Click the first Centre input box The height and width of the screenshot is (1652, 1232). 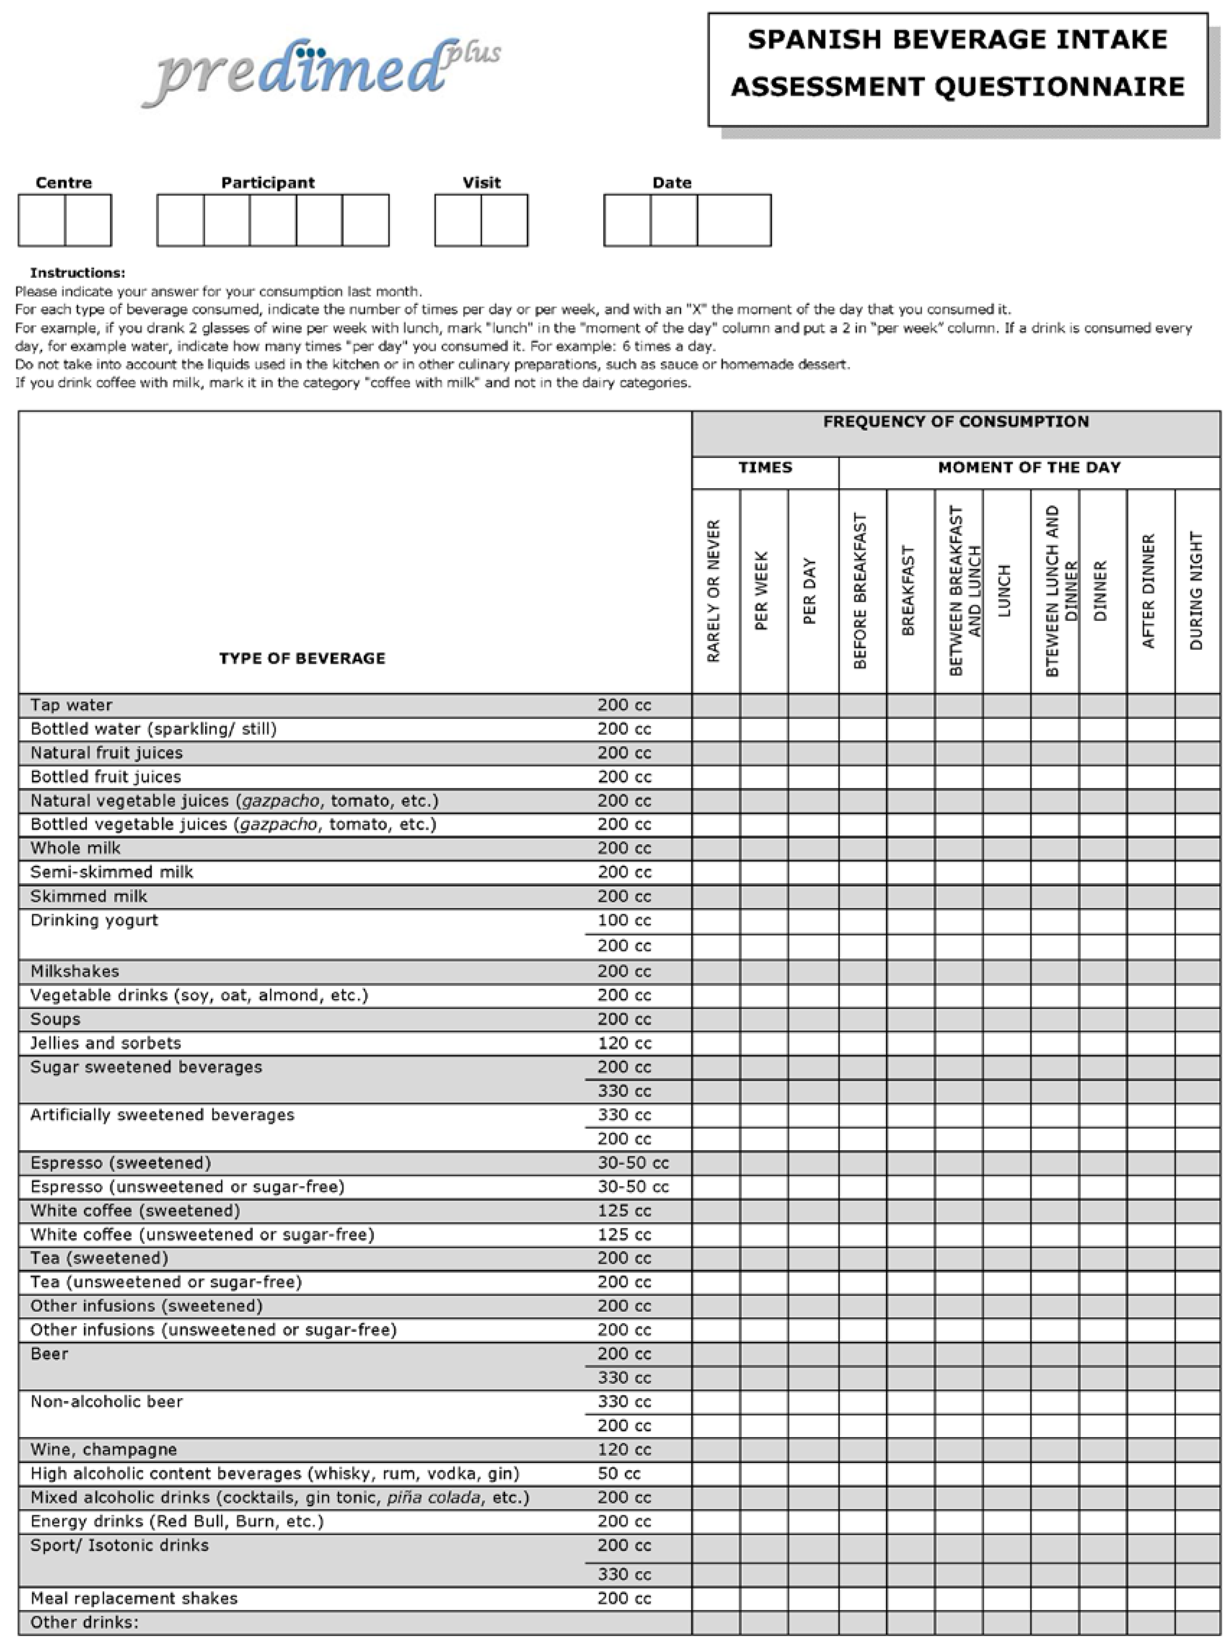[x=42, y=221]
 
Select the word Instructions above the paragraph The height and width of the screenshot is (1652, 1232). [x=78, y=273]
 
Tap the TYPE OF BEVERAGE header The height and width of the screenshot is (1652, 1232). [x=302, y=658]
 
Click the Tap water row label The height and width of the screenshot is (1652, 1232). [x=72, y=705]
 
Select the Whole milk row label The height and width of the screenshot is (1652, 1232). [x=75, y=849]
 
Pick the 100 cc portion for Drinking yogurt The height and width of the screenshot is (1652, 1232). [x=624, y=921]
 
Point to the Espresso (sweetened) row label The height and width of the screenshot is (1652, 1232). [x=121, y=1163]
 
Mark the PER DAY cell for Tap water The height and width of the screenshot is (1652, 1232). [x=813, y=705]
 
